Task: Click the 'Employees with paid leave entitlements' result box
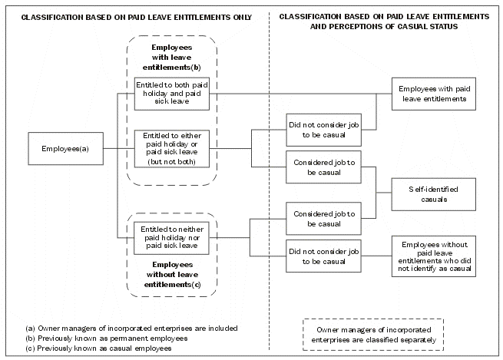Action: (x=432, y=94)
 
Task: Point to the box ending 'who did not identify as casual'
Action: (x=432, y=256)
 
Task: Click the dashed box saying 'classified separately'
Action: (x=372, y=333)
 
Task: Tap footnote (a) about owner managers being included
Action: (x=131, y=328)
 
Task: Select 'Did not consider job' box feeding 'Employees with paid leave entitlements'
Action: (x=323, y=128)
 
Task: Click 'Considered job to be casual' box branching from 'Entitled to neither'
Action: (x=323, y=218)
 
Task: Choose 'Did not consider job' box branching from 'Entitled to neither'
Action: (x=323, y=256)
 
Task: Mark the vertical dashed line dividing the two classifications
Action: (x=270, y=192)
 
